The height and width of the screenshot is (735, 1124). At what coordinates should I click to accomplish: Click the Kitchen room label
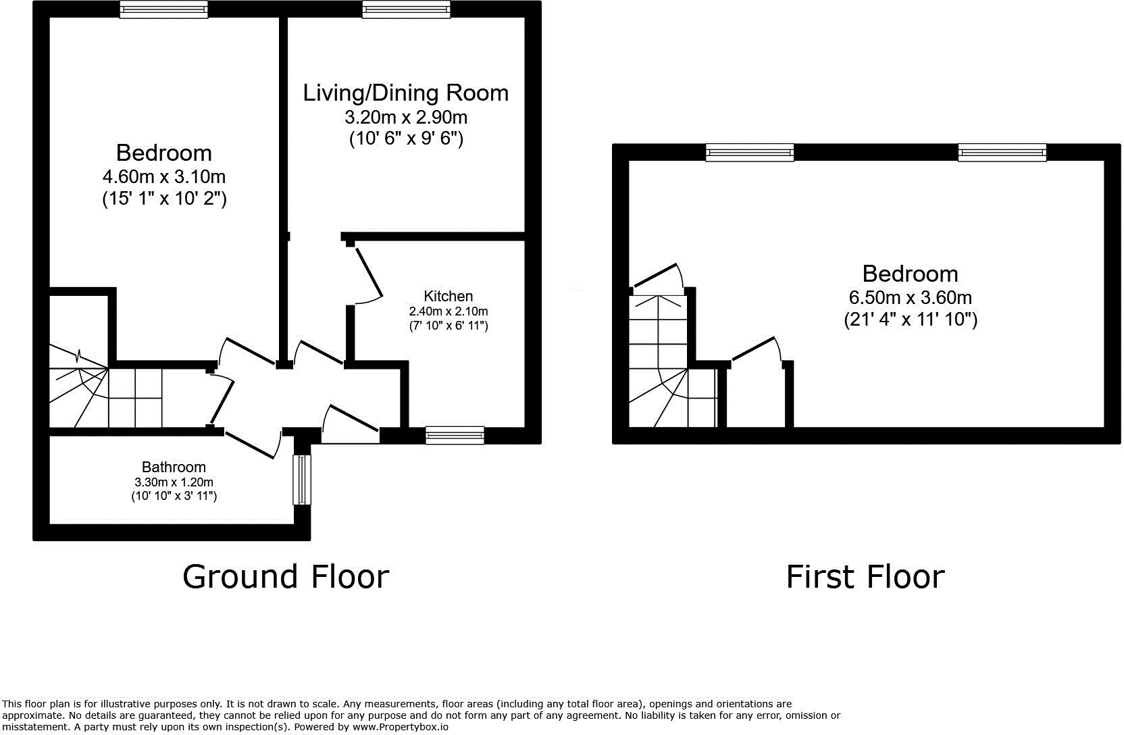pos(448,296)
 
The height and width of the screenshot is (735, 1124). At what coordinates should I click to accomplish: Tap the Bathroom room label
pos(174,467)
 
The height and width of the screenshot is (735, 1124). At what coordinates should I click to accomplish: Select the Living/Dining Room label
pos(405,93)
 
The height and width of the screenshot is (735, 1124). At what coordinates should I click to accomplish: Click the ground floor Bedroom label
pos(163,152)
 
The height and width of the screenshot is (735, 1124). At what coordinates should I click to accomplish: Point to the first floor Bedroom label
pos(910,274)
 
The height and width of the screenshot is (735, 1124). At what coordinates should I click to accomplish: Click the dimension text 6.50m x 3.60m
pos(910,297)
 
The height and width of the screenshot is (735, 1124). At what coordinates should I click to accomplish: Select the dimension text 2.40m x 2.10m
pos(448,311)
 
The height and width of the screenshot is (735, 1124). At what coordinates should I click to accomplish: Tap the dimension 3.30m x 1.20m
pos(174,482)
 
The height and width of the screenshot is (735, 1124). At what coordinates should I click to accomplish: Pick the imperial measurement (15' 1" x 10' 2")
pos(164,199)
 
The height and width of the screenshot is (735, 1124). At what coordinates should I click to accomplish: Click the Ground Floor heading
pos(286,577)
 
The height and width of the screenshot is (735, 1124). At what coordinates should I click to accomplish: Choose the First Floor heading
pos(865,577)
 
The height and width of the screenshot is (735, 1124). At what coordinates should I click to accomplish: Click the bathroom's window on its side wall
pos(302,480)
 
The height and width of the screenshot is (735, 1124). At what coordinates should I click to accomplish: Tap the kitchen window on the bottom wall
pos(455,436)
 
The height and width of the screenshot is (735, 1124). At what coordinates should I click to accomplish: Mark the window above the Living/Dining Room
pos(406,9)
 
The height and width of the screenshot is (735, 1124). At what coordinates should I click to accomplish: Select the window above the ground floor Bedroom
pos(164,9)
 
